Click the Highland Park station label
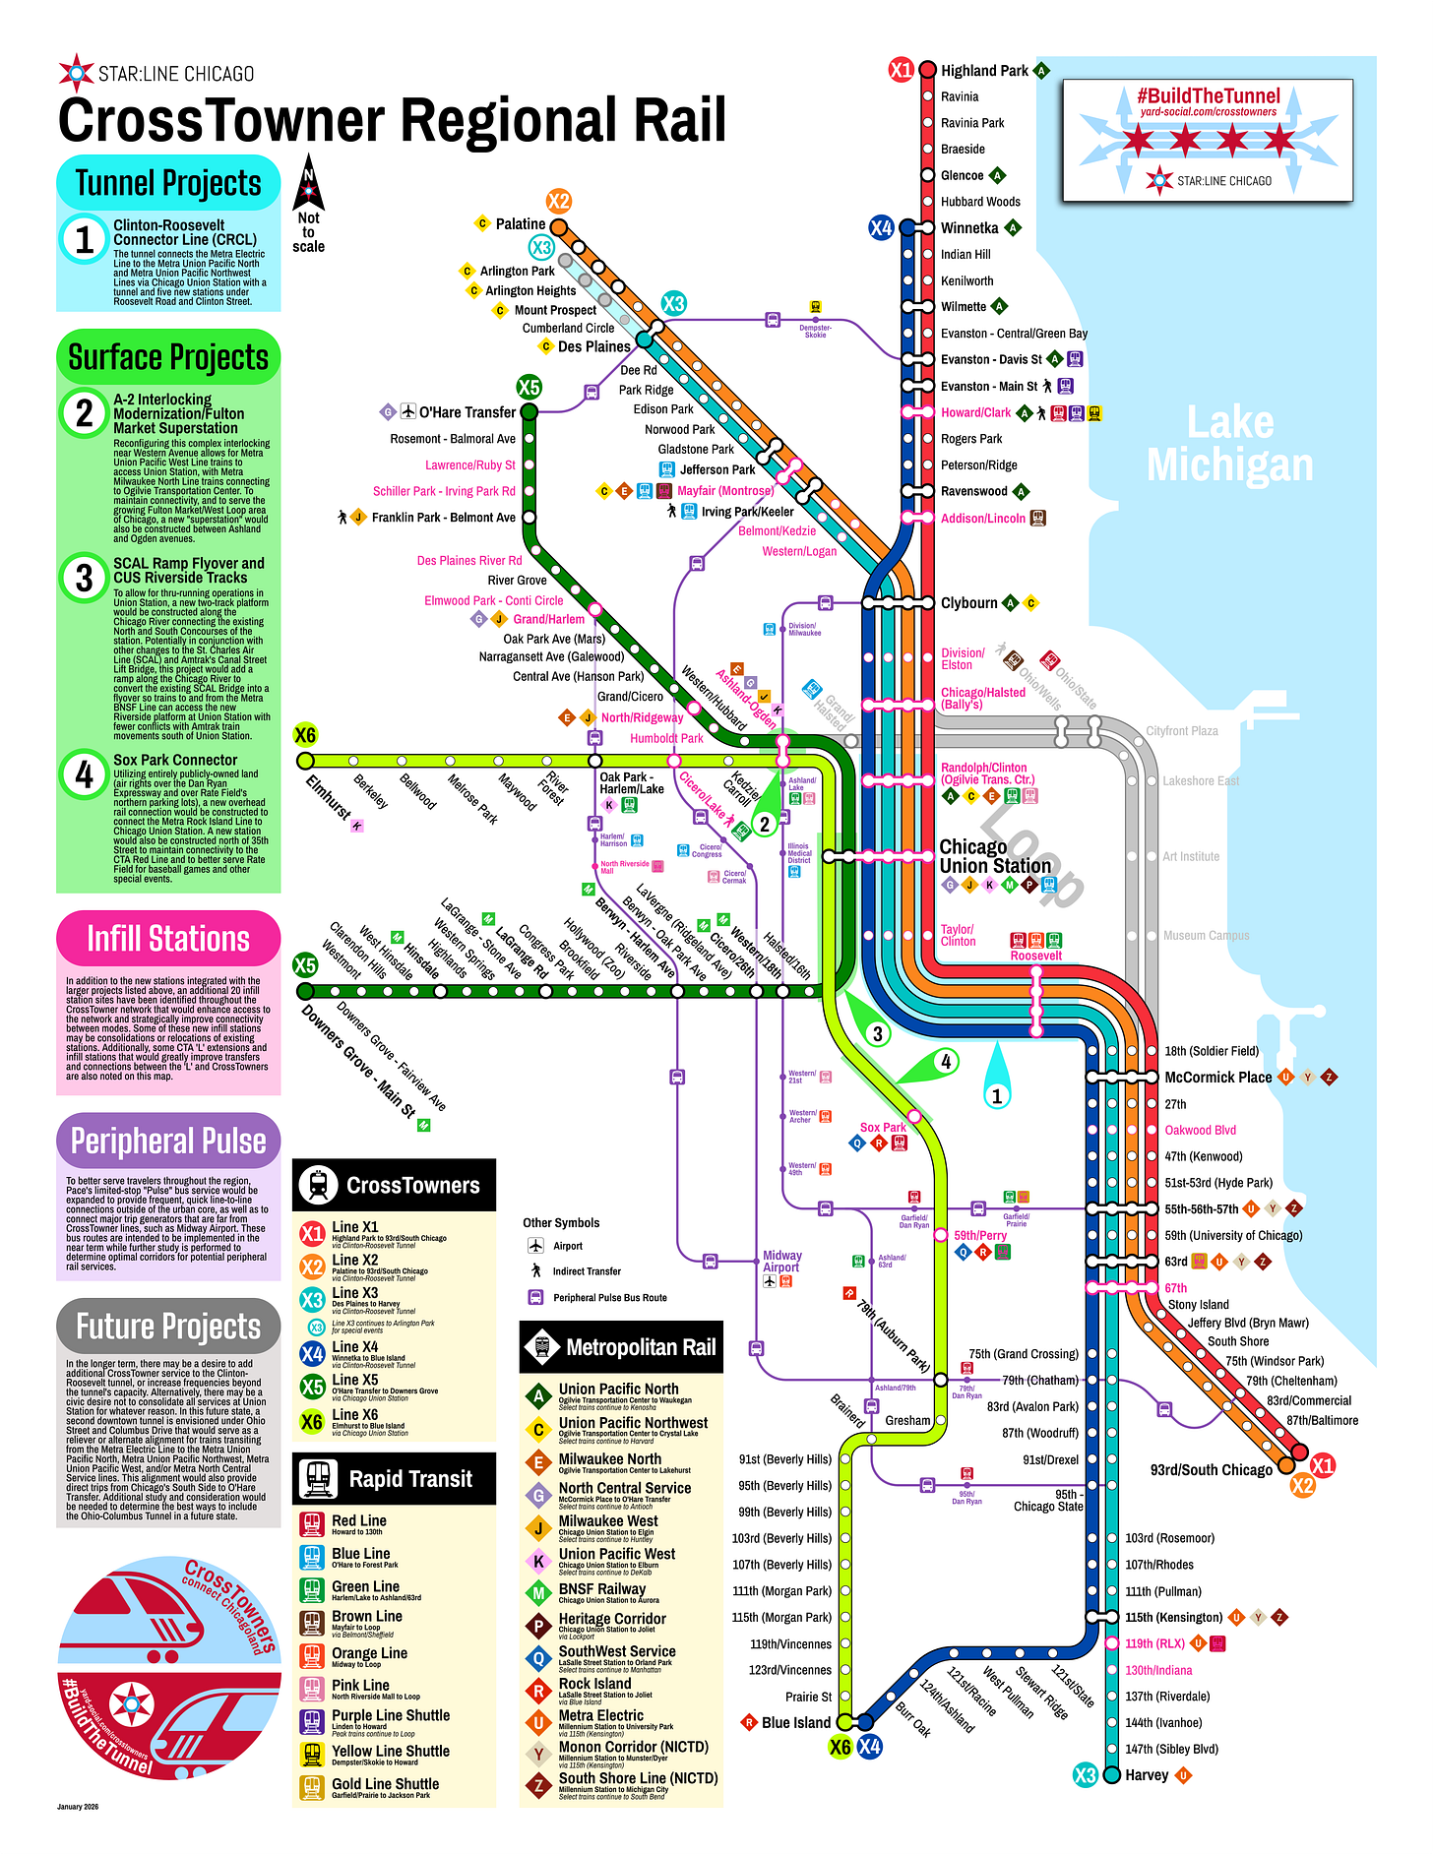(x=983, y=71)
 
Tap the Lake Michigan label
(x=1229, y=444)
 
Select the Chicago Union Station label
(x=994, y=856)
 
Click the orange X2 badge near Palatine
(x=559, y=202)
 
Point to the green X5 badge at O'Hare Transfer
(x=529, y=387)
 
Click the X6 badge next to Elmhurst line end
(x=305, y=735)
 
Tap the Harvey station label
(x=1147, y=1775)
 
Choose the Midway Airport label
(x=781, y=1262)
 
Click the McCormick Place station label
(x=1217, y=1078)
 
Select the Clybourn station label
(x=968, y=603)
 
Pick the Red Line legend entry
(x=359, y=1520)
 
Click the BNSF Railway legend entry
(x=601, y=1588)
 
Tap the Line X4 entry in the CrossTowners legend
(x=354, y=1347)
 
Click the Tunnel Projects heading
(x=168, y=184)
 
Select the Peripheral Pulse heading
(x=168, y=1142)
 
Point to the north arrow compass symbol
(x=308, y=181)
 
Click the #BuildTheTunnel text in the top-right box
(x=1209, y=96)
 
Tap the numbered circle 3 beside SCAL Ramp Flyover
(x=85, y=579)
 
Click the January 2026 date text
(x=78, y=1807)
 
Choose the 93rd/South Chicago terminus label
(x=1211, y=1470)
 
